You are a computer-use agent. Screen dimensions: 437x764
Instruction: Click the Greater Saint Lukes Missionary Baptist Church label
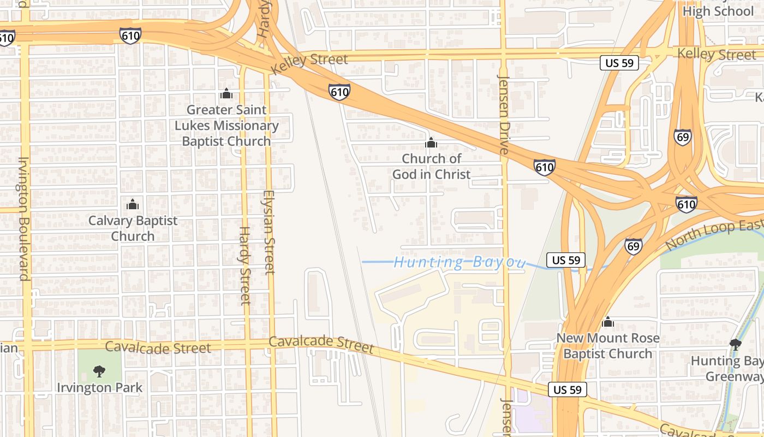pos(226,126)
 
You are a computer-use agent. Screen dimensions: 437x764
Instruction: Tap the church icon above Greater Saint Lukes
pos(226,93)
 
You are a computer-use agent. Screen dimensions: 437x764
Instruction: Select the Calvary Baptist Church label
pos(133,228)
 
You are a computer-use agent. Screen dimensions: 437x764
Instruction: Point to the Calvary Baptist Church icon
pos(133,205)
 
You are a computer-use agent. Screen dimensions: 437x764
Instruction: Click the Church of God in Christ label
pos(431,167)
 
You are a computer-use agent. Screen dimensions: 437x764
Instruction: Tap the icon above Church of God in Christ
pos(431,143)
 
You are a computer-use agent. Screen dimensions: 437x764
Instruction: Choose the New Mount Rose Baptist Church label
pos(607,346)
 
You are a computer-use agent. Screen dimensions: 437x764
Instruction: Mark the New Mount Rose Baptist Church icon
pos(607,322)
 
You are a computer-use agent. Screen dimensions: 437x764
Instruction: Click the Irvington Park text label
pos(100,388)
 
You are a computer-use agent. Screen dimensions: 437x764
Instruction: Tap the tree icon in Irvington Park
pos(99,371)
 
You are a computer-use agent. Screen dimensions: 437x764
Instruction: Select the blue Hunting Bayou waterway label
pos(458,263)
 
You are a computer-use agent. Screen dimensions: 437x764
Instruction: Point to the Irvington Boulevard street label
pos(23,218)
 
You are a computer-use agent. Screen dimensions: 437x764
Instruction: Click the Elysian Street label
pos(269,232)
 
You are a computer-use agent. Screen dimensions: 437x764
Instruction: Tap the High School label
pos(718,11)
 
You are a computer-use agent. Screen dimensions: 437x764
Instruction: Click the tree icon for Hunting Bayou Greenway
pos(735,344)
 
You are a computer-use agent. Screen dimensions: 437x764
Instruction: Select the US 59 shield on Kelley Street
pos(619,63)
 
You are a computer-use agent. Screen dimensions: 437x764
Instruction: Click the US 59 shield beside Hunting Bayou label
pos(566,260)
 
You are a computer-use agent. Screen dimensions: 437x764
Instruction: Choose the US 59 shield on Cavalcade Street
pos(568,389)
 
